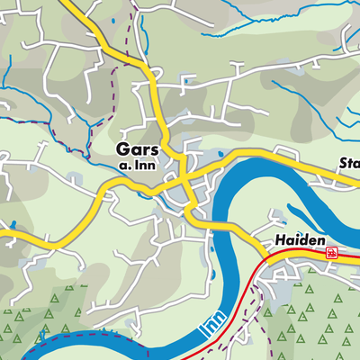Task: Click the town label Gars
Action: point(137,149)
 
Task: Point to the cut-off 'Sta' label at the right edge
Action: point(348,164)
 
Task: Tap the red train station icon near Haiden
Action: point(332,254)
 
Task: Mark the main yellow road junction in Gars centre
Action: point(183,177)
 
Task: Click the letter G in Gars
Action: point(122,149)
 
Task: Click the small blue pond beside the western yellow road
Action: point(13,225)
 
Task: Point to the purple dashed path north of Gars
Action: point(112,81)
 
